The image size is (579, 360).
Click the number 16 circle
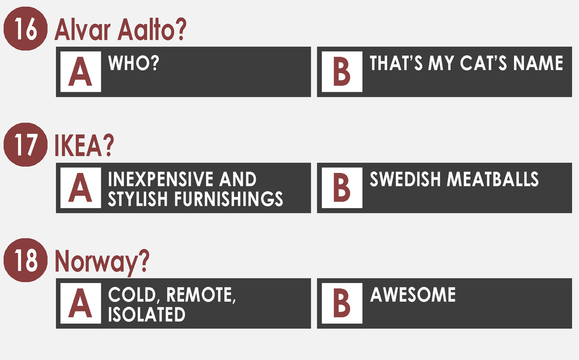[x=26, y=29]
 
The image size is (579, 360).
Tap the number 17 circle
[x=26, y=144]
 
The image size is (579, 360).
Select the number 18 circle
[x=26, y=260]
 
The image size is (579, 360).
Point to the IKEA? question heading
[x=84, y=146]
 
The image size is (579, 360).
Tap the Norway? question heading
[x=102, y=261]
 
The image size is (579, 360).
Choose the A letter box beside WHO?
[x=81, y=71]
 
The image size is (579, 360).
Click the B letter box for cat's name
[x=342, y=71]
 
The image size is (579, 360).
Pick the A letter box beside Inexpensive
[x=81, y=188]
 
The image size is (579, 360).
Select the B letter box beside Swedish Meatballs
[x=342, y=188]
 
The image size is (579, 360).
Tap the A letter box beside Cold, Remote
[x=81, y=303]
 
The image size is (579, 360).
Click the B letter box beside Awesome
[x=342, y=303]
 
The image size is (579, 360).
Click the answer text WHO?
[x=133, y=63]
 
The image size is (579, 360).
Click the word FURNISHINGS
[x=229, y=199]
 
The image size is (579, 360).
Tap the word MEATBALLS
[x=492, y=179]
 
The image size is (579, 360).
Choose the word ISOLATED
[x=147, y=314]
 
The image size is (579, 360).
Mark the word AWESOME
[x=413, y=295]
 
